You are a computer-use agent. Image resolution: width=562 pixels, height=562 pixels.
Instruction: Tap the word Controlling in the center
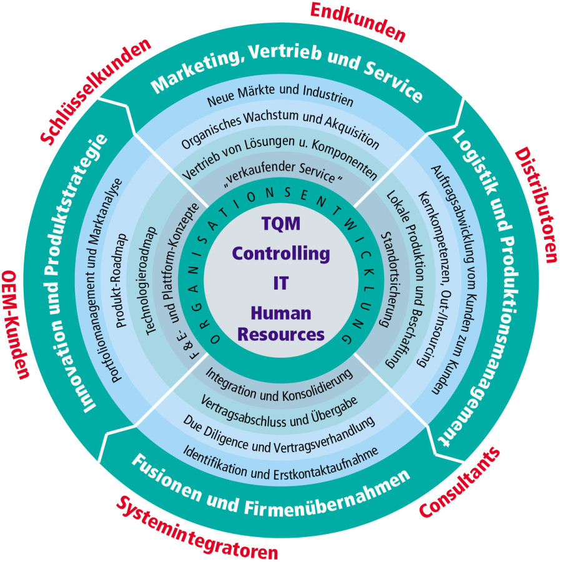click(x=280, y=254)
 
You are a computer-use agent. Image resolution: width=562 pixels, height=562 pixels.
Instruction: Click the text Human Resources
click(x=281, y=323)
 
